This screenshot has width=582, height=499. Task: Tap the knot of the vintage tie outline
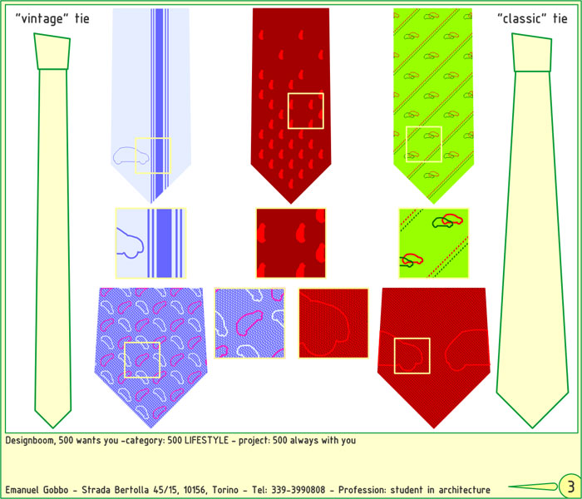(52, 52)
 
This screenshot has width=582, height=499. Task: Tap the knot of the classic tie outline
(532, 52)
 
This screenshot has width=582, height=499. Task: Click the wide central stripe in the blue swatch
(164, 243)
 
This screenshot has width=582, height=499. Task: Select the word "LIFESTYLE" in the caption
(206, 440)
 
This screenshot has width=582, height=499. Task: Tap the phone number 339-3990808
(298, 490)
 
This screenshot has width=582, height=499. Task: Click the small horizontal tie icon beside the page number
(533, 487)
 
